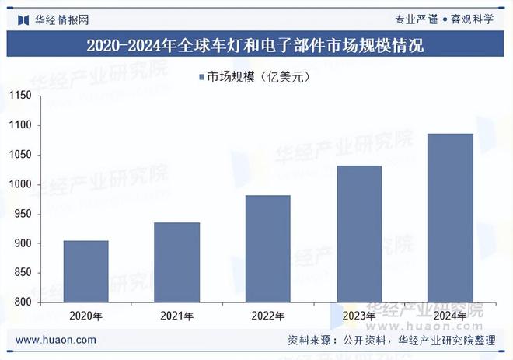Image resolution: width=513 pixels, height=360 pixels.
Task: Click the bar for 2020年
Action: (85, 271)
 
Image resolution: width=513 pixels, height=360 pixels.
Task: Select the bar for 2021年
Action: (176, 262)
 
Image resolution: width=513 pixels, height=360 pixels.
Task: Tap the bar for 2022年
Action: (267, 249)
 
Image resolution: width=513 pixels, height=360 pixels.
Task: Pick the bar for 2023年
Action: (358, 234)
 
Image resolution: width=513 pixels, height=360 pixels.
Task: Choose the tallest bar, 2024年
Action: (450, 218)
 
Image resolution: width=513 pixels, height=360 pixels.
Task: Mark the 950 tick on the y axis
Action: (22, 214)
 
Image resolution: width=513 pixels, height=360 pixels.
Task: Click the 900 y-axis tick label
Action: (22, 243)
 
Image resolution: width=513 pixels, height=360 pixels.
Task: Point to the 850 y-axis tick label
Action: (22, 273)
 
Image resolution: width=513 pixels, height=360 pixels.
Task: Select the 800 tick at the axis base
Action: (22, 302)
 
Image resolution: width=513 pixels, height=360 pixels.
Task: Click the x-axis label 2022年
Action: (267, 316)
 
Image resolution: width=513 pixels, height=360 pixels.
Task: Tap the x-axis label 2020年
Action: (85, 316)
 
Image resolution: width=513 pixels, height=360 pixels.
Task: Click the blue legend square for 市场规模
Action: (201, 77)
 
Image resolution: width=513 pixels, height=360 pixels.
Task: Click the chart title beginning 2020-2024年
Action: (256, 45)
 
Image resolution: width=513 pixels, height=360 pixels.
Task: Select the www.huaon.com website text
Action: (56, 340)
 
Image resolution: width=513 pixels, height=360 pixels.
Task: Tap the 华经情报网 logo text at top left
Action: (61, 19)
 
